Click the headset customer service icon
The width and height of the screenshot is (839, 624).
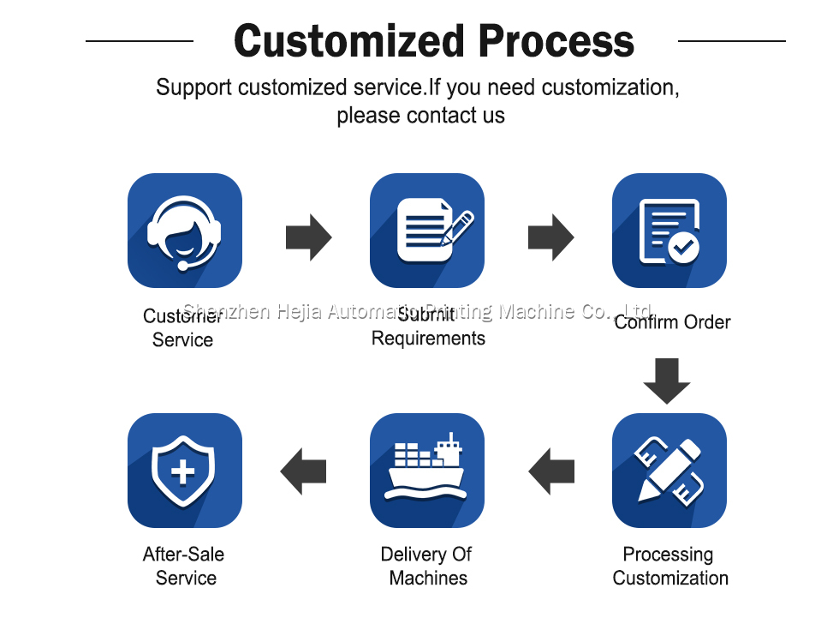coord(184,231)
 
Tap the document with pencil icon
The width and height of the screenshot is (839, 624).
coord(426,231)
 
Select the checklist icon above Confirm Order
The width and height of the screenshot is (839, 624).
coord(669,231)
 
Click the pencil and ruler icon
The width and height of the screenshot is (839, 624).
coord(669,471)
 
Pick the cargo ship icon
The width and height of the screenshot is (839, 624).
coord(426,471)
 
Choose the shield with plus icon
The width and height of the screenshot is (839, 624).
coord(184,471)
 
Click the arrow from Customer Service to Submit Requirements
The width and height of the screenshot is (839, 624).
coord(308,237)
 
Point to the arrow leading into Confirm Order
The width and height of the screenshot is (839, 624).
coord(550,237)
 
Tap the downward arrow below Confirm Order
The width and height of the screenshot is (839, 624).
coord(667,381)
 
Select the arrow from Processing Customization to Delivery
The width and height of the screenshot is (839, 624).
coord(551,471)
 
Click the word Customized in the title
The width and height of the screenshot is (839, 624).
coord(350,41)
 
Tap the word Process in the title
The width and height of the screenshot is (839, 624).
coord(556,41)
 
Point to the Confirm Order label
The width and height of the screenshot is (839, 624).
coord(672,322)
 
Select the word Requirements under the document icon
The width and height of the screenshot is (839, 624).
coord(428,339)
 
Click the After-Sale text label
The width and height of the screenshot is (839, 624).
coord(183,555)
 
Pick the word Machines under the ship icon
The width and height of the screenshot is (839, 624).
coord(428,578)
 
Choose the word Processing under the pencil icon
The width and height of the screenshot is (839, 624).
coord(668,555)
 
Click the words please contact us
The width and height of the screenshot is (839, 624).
coord(420,116)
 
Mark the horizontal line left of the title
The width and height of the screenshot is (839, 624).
coord(140,40)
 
